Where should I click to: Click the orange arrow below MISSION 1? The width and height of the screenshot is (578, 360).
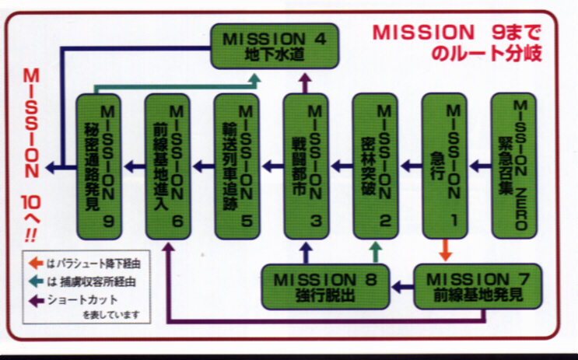coord(446,251)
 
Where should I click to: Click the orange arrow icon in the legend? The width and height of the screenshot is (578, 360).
coord(35,263)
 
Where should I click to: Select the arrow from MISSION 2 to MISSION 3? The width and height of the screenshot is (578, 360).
coord(342,165)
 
